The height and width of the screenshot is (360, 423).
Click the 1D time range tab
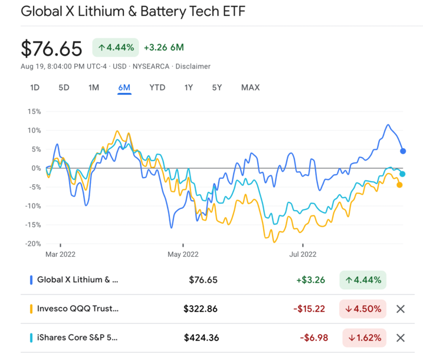35,88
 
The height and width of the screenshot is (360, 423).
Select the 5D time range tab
64,88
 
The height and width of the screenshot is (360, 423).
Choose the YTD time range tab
157,88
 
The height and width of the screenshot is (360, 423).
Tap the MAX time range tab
250,88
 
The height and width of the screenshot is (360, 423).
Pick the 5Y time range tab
217,88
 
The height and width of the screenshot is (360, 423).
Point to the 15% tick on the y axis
33,111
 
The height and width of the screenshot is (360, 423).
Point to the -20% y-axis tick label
32,244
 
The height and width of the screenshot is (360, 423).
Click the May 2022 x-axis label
183,255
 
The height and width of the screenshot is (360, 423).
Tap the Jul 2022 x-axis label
303,255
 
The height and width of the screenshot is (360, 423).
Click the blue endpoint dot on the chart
403,151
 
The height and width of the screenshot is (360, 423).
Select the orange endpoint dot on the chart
399,185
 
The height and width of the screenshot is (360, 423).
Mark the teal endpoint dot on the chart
402,174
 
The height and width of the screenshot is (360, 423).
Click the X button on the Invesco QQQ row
401,309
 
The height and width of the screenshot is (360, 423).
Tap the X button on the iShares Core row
401,338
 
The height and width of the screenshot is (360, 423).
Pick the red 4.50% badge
362,309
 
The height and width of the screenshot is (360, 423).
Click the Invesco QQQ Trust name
78,309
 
